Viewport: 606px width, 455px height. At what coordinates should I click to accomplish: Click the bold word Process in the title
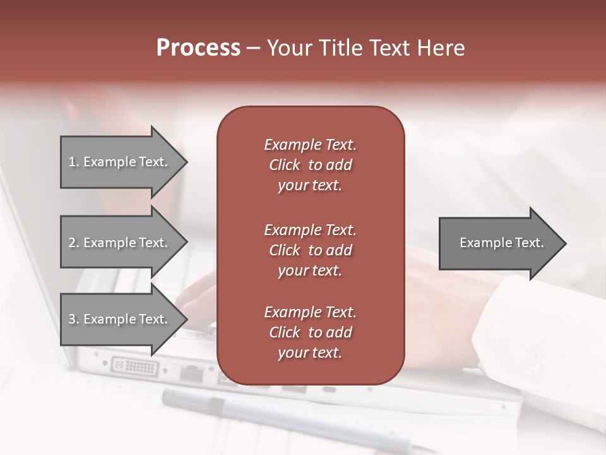pos(198,48)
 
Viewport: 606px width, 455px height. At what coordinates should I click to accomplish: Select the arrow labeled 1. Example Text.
pos(120,162)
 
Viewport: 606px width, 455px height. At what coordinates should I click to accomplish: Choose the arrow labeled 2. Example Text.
pos(120,243)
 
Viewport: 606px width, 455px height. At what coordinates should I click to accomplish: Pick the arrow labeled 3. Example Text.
pos(120,319)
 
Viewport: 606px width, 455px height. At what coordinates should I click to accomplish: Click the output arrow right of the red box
pos(499,243)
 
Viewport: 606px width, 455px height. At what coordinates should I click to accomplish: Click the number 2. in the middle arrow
pos(74,243)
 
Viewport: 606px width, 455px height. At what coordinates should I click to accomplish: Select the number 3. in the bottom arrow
pos(74,319)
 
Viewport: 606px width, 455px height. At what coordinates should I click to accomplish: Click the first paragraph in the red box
pos(310,165)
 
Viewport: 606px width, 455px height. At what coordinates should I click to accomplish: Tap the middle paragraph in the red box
pos(310,250)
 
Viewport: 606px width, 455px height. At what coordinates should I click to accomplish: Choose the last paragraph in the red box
pos(310,332)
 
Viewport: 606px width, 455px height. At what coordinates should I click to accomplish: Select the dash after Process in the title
pos(254,48)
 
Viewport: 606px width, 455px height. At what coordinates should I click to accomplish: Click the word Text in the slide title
pos(390,48)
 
